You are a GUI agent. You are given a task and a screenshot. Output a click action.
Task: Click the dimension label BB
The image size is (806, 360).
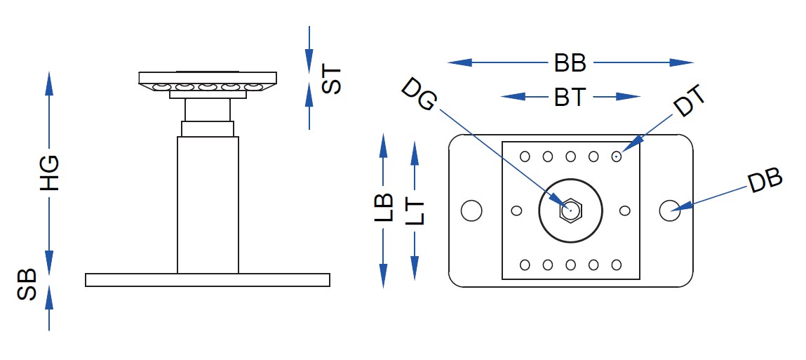tap(570, 63)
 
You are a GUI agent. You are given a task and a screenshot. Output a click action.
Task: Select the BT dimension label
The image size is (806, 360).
tap(570, 97)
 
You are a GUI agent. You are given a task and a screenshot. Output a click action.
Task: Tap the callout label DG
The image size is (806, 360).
tap(419, 94)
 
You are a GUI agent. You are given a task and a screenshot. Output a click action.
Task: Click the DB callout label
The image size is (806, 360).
tap(764, 182)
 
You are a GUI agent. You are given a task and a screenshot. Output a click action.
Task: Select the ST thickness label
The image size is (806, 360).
tap(330, 80)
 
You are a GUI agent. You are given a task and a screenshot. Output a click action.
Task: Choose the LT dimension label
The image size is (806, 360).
tap(415, 208)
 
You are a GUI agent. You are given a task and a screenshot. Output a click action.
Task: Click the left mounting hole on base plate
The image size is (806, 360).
tap(471, 210)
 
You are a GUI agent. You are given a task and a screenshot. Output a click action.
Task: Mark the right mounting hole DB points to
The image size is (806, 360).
tap(670, 209)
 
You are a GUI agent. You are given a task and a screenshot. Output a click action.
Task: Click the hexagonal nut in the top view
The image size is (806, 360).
tap(570, 210)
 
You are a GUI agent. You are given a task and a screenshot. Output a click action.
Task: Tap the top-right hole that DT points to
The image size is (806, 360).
tap(616, 156)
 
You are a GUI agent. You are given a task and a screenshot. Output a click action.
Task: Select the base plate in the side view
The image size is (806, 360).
tap(207, 280)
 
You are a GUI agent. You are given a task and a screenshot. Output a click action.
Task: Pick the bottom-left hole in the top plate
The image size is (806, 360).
tap(525, 265)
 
